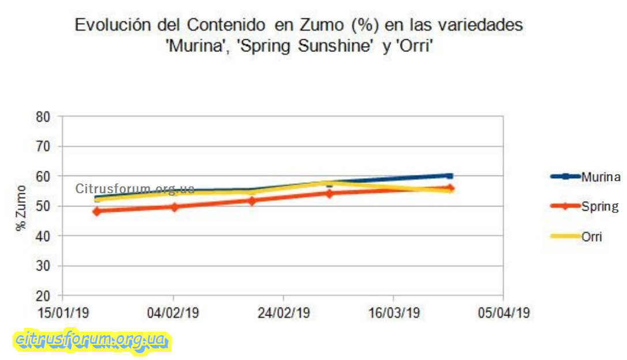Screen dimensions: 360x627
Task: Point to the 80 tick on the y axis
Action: coord(44,116)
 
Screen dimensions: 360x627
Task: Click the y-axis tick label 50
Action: coord(44,206)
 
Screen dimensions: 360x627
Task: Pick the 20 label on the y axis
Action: coord(44,296)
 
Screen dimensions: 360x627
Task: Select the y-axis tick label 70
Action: coord(44,146)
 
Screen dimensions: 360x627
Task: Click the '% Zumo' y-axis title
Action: coord(21,208)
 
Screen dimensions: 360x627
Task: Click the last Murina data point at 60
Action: coord(450,176)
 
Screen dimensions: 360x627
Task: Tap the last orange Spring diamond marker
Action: coord(450,188)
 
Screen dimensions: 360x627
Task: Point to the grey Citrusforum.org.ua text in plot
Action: coord(134,189)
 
